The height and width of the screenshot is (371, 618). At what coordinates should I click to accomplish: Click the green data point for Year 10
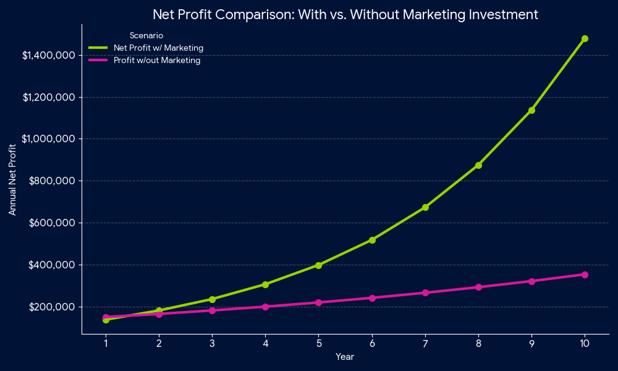click(x=585, y=38)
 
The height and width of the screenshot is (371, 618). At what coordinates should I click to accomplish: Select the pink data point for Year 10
click(x=585, y=275)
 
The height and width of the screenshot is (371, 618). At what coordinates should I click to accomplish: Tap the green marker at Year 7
click(x=425, y=207)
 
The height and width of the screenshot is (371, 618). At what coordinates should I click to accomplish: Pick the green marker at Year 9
click(x=531, y=110)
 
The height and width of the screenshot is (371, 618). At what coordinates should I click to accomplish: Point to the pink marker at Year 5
click(x=319, y=302)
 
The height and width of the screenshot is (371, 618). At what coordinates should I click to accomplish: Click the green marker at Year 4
click(x=265, y=284)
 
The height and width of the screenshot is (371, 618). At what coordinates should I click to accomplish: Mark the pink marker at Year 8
click(x=478, y=287)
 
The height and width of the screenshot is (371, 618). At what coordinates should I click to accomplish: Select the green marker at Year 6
click(x=372, y=240)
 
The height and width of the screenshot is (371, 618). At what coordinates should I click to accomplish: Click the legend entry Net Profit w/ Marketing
click(x=158, y=48)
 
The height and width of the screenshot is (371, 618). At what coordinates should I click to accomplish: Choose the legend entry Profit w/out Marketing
click(x=156, y=60)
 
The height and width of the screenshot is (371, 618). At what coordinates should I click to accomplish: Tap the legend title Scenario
click(x=146, y=35)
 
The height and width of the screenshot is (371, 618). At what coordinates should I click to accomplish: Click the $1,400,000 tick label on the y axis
click(x=49, y=56)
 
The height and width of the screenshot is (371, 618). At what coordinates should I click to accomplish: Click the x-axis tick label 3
click(x=212, y=344)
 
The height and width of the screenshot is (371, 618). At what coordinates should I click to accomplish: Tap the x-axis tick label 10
click(x=585, y=344)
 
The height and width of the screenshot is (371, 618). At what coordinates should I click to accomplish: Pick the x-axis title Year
click(x=345, y=357)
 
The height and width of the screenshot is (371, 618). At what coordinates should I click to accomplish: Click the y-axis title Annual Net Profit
click(x=12, y=180)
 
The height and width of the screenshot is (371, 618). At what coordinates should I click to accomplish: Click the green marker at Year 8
click(x=478, y=165)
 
